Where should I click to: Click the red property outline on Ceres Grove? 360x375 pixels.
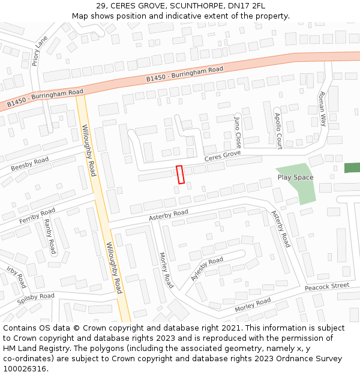click(179, 174)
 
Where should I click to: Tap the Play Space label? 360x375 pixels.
click(295, 178)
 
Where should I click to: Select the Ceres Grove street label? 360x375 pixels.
click(223, 156)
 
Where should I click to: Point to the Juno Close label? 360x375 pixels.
click(238, 132)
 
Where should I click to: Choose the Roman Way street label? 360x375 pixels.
click(323, 109)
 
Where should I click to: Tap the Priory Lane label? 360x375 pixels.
click(40, 50)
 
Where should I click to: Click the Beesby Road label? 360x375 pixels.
click(29, 164)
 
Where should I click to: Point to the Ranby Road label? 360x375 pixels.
click(50, 236)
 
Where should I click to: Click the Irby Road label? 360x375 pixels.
click(17, 277)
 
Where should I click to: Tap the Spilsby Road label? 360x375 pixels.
click(35, 299)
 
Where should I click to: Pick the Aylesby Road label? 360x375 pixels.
click(207, 268)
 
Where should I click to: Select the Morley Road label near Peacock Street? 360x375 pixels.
click(253, 305)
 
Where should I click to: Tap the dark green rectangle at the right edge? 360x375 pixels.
click(352, 167)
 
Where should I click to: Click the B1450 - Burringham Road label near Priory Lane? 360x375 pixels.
click(45, 99)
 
